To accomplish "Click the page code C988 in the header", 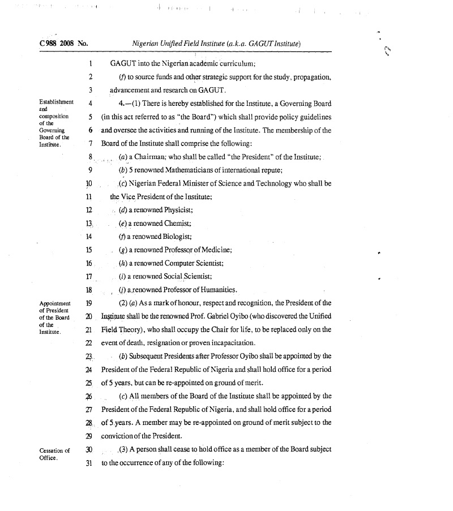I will pyautogui.click(x=49, y=43).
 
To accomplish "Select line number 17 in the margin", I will pyautogui.click(x=88, y=277).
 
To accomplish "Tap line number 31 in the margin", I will pyautogui.click(x=88, y=462).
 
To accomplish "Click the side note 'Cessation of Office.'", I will pyautogui.click(x=54, y=454).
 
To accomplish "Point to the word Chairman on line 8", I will pyautogui.click(x=152, y=156).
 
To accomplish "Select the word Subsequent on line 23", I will pyautogui.click(x=149, y=357).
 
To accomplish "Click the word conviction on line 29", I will pyautogui.click(x=120, y=436).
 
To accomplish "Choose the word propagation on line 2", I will pyautogui.click(x=310, y=77).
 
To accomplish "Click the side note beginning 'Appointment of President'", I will pyautogui.click(x=54, y=317).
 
